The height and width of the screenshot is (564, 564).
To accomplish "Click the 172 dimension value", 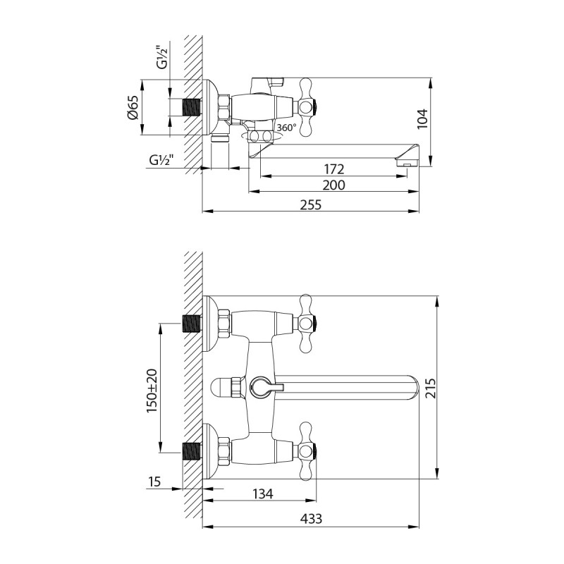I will click(333, 168).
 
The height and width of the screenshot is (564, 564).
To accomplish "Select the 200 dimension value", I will click(333, 185).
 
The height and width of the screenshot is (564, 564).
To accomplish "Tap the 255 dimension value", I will click(311, 204).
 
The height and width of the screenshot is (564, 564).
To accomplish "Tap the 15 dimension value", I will click(155, 482).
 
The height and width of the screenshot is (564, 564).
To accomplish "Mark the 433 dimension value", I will click(311, 519).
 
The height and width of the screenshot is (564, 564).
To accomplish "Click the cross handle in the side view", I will click(307, 107).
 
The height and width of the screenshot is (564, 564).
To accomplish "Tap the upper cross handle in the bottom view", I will click(307, 324).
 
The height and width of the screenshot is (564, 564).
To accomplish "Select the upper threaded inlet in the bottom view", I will click(191, 324).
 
